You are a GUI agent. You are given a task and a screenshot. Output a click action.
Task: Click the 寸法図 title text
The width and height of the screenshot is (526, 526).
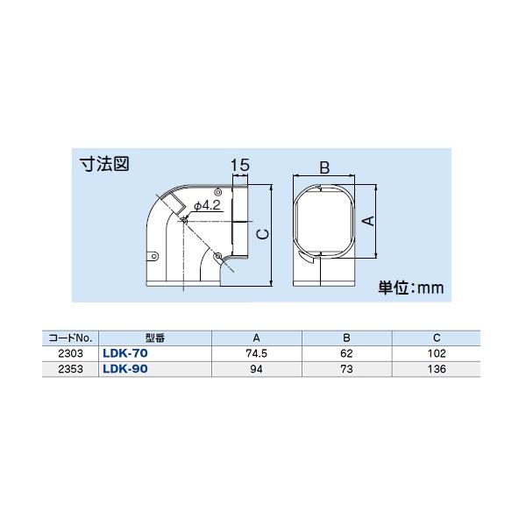click(105, 164)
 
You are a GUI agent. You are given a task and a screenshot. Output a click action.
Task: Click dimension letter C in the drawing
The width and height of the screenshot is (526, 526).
click(261, 231)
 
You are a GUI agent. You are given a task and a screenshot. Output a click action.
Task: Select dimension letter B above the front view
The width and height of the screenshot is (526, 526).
click(323, 167)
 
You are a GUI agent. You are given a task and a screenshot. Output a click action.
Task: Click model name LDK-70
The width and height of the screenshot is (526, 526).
click(125, 352)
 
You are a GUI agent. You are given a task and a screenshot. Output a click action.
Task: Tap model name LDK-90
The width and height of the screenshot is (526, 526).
click(125, 369)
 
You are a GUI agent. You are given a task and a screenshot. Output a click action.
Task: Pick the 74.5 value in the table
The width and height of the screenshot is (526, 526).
click(256, 352)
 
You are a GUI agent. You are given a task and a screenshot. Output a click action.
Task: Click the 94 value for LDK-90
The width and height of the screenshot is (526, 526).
click(256, 369)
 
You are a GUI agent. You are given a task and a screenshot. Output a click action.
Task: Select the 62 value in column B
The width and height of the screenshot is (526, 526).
click(347, 352)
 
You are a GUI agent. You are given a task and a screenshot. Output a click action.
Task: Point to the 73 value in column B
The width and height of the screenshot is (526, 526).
click(347, 369)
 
